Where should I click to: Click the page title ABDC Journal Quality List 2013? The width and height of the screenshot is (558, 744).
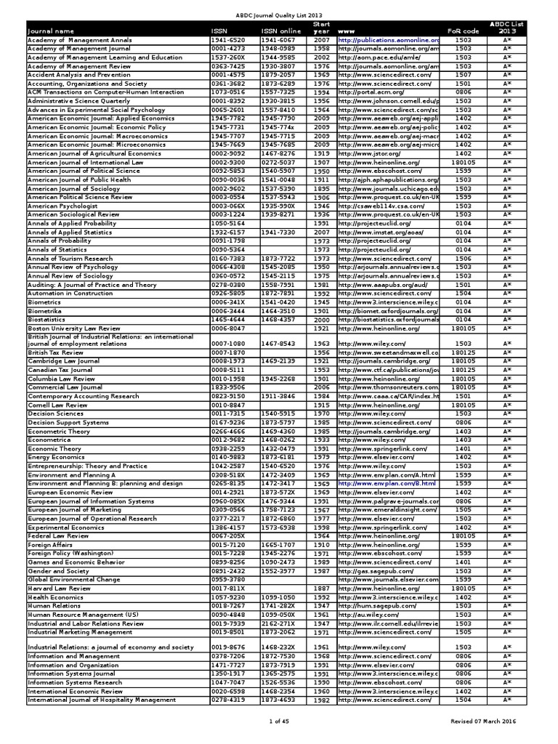279,15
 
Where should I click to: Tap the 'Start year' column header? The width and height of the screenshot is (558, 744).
321,28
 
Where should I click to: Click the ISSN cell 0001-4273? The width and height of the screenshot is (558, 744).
227,47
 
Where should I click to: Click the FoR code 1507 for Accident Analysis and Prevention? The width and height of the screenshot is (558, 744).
463,74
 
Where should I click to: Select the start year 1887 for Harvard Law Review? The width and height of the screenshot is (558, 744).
322,588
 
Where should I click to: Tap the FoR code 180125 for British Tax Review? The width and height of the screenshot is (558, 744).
463,352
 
